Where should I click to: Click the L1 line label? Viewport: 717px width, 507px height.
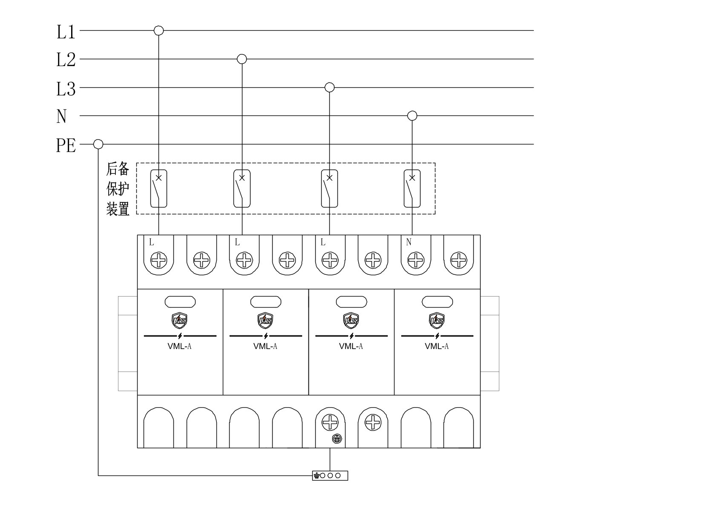tap(66, 32)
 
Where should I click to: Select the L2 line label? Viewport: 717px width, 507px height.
tap(66, 60)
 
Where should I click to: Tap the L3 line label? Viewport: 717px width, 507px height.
tap(66, 89)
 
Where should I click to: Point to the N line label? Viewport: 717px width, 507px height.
tap(61, 116)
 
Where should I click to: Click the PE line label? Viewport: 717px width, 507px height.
tap(66, 145)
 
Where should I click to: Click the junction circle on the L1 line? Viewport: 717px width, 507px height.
tap(159, 30)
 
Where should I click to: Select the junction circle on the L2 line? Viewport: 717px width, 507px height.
tap(242, 59)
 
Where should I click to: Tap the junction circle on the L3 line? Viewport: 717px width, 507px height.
tap(329, 87)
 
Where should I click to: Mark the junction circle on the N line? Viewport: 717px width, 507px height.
tap(412, 115)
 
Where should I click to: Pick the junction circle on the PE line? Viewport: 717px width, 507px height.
tap(98, 144)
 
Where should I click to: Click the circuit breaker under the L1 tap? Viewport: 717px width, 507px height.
tap(159, 188)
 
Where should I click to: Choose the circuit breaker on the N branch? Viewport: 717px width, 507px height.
tap(412, 188)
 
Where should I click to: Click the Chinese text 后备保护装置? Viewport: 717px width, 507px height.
tap(118, 189)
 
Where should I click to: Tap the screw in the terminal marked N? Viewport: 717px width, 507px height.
tap(416, 260)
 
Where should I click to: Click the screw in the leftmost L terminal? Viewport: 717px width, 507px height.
tap(158, 260)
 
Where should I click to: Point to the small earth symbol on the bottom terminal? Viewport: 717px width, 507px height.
tap(337, 438)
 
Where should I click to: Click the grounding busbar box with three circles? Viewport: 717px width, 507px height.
tap(330, 475)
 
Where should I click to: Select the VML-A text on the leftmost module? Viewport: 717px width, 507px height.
tap(179, 346)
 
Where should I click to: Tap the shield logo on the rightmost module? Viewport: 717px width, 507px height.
tap(437, 320)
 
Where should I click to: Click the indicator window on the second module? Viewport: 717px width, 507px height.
tap(266, 302)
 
